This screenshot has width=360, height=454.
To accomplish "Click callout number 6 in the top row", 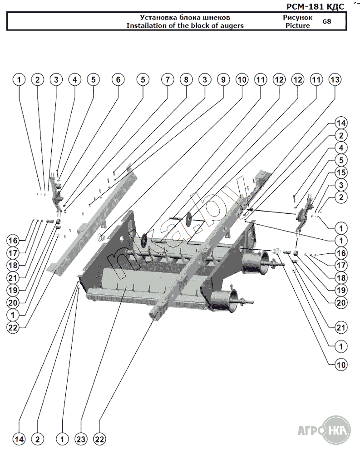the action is pos(118,80).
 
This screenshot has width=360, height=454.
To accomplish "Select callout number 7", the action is pos(168,80).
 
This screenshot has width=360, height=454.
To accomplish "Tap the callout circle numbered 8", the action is pos(186,80).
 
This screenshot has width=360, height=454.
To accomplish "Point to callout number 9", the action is pos(223,80).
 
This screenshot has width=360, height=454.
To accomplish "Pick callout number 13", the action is pos(335,80).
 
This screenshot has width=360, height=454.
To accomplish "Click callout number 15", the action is pos(341,173).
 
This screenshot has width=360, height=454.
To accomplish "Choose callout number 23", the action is pos(81,439).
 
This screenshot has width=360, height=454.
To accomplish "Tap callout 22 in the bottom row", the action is pos(99,439).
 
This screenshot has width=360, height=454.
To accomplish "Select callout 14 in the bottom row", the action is pos(19,439).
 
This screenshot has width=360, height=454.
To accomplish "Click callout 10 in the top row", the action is pos(242,80).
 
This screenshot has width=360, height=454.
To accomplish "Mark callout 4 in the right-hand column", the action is pos(341,148).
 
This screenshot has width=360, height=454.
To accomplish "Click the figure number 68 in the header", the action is pos(326,21).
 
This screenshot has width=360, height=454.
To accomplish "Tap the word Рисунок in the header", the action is pos(298,17).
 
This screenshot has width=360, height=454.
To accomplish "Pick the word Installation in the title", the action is pos(143,25).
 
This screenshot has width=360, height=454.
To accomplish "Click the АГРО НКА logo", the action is pos(323,429).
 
